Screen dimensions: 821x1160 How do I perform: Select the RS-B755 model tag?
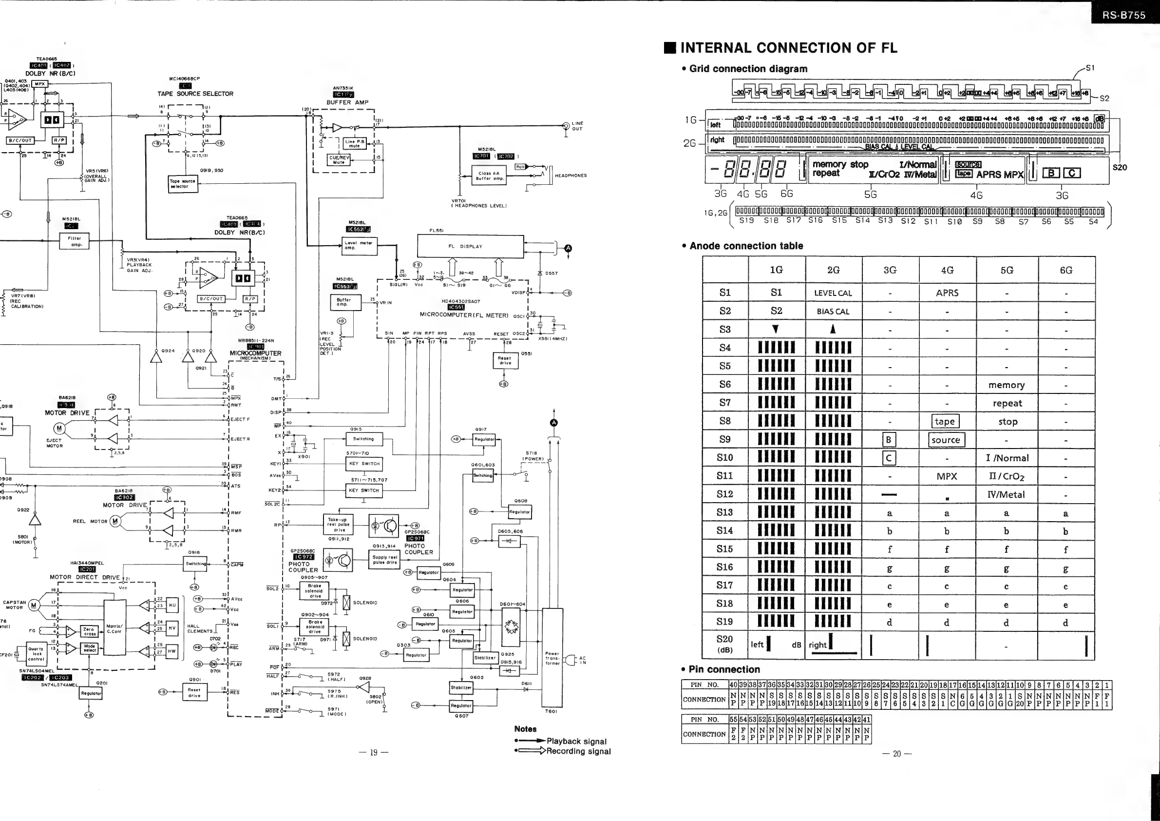pos(1123,15)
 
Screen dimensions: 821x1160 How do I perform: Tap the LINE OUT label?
pos(577,126)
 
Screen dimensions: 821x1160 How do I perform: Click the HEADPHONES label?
pos(570,176)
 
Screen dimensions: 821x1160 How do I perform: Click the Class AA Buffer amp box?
pos(489,176)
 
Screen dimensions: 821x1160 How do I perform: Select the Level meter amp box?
pos(358,245)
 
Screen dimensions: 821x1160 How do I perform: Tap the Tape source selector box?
pos(182,183)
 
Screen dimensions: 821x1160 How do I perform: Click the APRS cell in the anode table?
pos(947,293)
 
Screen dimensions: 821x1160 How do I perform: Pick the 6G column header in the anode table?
pos(1066,271)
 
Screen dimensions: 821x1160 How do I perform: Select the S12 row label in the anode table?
pos(724,494)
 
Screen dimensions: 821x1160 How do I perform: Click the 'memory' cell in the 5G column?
pos(1007,385)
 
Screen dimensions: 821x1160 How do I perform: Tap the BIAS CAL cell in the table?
pos(833,312)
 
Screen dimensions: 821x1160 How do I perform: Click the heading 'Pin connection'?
pos(724,669)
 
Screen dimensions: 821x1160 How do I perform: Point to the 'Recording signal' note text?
pos(578,751)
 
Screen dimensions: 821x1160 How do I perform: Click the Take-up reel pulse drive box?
pos(338,524)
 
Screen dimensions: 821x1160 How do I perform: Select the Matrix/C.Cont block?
pos(114,629)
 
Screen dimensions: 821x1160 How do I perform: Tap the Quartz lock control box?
pos(36,654)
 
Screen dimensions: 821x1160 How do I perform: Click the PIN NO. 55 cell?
pos(734,719)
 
